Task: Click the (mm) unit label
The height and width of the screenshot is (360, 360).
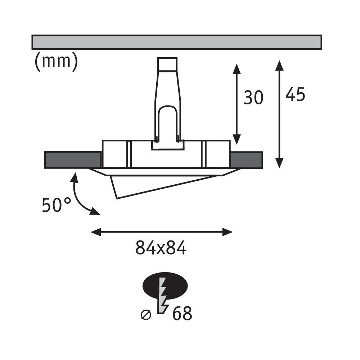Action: point(56,62)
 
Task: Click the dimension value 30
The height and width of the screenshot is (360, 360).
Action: point(253,98)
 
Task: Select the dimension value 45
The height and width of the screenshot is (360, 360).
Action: point(295,94)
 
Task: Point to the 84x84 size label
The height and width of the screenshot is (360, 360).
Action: point(161,248)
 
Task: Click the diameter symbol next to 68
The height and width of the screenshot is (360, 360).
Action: point(146,315)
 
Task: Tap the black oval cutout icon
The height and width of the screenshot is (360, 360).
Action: point(165,285)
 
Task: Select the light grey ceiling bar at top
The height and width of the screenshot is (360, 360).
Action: point(176,42)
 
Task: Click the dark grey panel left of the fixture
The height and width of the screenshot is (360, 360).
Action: point(73,160)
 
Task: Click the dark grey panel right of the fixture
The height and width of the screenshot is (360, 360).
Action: point(246,160)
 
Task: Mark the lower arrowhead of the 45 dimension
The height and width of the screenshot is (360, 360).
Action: point(279,163)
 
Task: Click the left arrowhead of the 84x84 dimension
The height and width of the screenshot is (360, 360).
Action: point(96,232)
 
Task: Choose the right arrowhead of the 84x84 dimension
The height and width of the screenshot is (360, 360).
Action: point(228,232)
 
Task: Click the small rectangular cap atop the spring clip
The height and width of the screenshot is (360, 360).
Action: point(167,64)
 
